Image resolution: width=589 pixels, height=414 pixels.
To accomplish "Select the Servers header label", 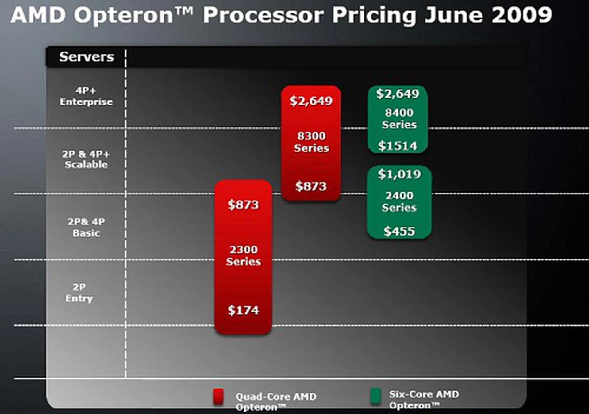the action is coord(87,57).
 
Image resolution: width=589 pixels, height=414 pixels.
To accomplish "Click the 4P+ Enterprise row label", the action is coord(86,96).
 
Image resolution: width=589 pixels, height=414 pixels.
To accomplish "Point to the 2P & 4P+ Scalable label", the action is coord(86,159).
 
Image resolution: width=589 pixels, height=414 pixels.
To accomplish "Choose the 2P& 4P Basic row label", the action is coord(86,227).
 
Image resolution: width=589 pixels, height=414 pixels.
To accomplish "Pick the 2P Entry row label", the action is coord(79,293).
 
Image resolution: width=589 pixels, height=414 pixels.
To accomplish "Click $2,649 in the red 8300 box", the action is coord(311,101).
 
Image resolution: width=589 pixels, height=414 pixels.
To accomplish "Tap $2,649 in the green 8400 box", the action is coord(398,94).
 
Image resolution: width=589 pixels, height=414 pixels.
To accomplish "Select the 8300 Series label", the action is coord(311,142).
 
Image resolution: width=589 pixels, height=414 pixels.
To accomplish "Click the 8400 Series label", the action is coord(399,119).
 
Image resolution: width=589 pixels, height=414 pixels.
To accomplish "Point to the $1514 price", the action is coord(398,146).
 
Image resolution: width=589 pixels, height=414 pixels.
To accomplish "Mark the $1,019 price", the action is coord(399,174).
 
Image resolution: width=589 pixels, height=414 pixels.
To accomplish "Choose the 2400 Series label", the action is coord(399,201).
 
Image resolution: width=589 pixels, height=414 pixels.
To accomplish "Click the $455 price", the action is coord(399,231).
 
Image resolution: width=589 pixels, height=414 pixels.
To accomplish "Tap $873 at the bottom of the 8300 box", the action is coord(311,186).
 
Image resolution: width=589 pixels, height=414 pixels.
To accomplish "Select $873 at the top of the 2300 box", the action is coord(243,205).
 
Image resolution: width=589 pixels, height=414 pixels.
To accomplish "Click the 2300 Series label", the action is coord(244,255).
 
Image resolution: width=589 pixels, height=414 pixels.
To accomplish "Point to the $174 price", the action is coord(243,310).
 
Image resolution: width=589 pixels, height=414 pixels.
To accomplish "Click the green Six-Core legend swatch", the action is coord(375,396).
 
